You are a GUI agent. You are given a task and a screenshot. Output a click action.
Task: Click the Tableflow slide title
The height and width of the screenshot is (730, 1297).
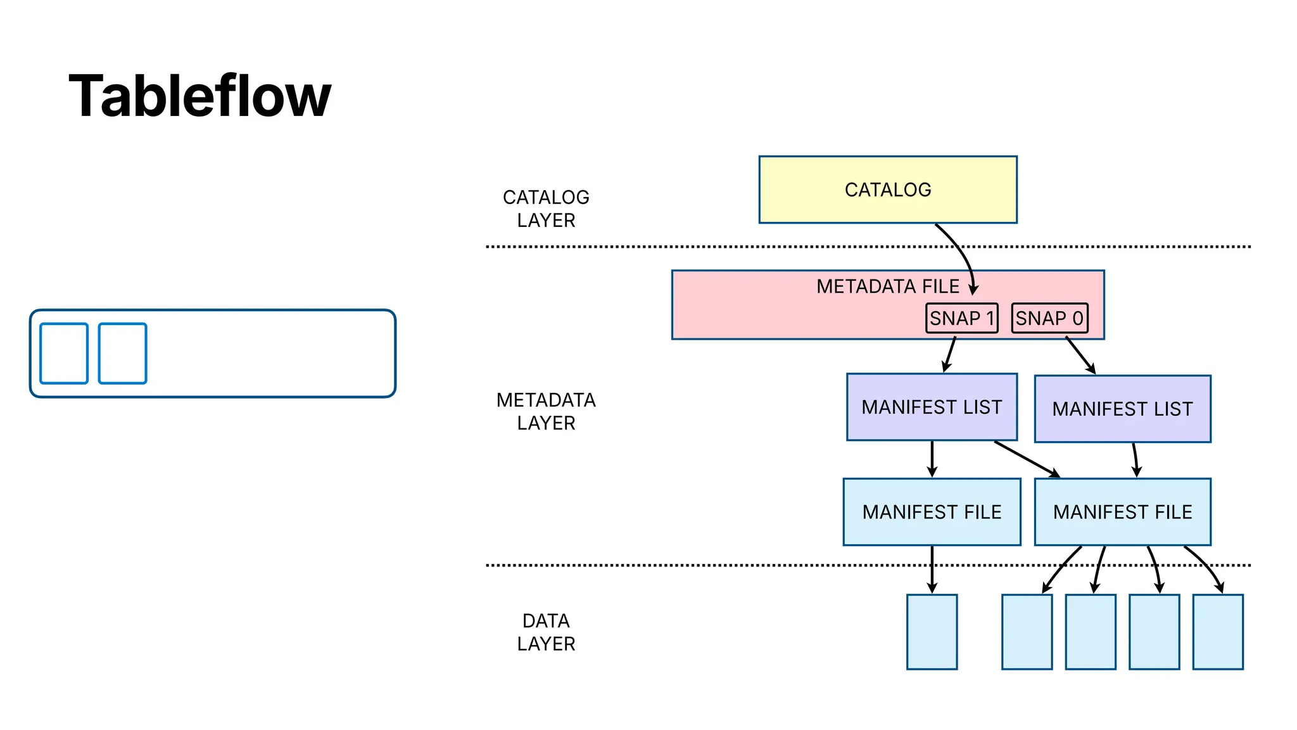[199, 96]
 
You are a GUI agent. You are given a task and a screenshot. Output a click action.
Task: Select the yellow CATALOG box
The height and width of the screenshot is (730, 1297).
[887, 189]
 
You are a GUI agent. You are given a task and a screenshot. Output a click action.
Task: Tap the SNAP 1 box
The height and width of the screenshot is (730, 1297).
[961, 318]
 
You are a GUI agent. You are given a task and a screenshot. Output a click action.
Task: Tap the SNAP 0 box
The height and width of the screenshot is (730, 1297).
[1049, 318]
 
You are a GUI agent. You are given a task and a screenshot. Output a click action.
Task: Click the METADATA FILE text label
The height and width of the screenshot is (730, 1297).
[887, 286]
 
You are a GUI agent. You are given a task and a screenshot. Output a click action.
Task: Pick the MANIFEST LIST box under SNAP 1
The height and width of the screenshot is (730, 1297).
[932, 407]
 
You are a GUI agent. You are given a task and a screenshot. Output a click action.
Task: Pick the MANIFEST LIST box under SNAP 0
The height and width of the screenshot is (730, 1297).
[1122, 409]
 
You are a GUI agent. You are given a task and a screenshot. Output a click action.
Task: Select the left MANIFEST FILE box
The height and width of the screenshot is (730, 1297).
[932, 512]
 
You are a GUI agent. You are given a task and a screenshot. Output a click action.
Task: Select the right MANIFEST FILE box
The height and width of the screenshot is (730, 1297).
[1122, 512]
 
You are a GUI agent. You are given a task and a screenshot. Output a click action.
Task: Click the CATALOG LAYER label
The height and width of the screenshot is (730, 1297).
[546, 208]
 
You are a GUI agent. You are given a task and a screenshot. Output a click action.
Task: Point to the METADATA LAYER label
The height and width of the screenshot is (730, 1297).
[546, 411]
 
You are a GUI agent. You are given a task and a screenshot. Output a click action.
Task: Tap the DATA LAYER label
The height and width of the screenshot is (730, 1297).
[546, 632]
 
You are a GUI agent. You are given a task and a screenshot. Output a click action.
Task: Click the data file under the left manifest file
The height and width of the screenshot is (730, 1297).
[932, 632]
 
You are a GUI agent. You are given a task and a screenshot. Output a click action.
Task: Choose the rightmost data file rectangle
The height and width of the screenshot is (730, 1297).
[1217, 632]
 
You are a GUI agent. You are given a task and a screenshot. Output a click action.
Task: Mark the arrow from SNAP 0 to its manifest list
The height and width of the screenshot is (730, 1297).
[1080, 355]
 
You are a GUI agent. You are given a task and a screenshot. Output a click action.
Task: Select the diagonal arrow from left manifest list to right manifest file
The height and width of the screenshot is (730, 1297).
[1026, 459]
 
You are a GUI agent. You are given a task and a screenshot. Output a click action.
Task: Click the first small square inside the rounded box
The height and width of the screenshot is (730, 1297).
[64, 354]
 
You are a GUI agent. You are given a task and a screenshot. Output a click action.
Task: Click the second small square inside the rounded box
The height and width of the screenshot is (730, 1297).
[123, 354]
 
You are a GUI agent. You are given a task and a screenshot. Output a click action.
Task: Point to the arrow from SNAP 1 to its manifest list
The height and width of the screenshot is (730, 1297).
[950, 355]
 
